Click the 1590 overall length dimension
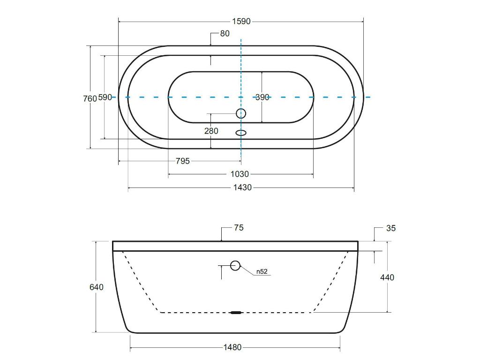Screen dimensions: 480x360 click(x=241, y=22)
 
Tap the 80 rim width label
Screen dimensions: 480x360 click(x=225, y=33)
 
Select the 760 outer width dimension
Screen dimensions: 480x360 click(x=90, y=98)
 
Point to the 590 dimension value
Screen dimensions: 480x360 click(x=105, y=97)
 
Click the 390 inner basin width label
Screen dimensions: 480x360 click(x=262, y=97)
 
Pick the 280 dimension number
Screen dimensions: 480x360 click(x=211, y=131)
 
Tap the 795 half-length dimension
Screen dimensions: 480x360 click(x=183, y=161)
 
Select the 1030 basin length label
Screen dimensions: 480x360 click(x=240, y=174)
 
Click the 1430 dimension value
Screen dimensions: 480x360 click(x=242, y=187)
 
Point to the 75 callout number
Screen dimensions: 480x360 click(x=239, y=228)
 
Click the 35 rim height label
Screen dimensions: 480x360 click(x=391, y=228)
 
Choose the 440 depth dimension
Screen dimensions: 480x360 click(x=387, y=277)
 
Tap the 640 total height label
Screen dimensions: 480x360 click(x=97, y=287)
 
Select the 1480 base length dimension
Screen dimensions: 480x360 click(x=232, y=347)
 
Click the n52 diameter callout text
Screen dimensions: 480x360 click(x=262, y=271)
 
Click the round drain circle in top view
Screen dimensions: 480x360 click(x=241, y=113)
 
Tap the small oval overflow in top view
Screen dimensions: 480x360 click(x=241, y=133)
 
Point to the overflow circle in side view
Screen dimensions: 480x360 click(x=235, y=266)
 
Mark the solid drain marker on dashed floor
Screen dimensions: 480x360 click(x=236, y=313)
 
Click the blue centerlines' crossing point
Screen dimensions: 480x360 click(x=241, y=97)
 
